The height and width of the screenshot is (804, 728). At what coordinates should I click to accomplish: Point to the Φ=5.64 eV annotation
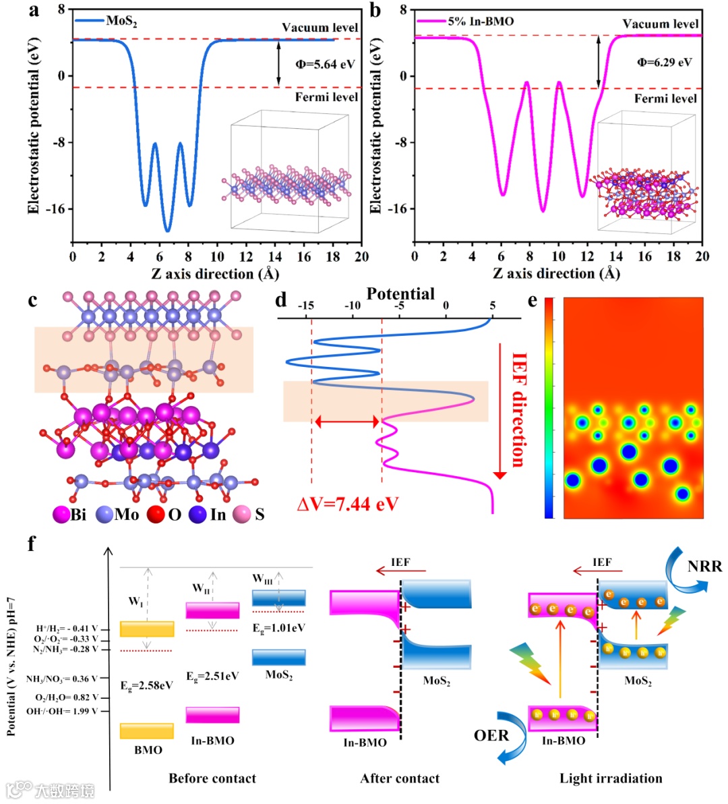pos(325,65)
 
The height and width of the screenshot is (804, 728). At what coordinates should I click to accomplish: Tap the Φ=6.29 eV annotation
pos(665,63)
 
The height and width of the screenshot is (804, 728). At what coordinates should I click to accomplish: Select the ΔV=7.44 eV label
pos(347,503)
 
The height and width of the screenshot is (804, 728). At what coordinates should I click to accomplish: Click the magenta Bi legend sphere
pos(63,515)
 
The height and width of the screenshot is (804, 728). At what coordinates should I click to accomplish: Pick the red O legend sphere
pos(156,515)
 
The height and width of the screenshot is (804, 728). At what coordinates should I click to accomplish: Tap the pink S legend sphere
pos(241,515)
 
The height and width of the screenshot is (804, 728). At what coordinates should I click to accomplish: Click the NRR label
pos(704,567)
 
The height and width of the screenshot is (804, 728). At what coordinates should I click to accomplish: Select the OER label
pos(491,735)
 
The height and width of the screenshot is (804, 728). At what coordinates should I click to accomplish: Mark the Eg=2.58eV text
pos(147,685)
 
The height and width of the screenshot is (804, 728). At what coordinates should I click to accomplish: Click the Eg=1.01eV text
pos(278,628)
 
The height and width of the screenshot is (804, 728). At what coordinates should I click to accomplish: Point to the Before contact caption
pos(212,778)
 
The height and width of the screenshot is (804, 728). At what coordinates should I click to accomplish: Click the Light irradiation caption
pos(611,778)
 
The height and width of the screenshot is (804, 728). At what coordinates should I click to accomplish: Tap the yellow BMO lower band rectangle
pos(147,731)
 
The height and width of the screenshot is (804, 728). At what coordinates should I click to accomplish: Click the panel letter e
pos(533,301)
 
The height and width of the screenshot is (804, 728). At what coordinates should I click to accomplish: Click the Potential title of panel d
pos(400,294)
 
